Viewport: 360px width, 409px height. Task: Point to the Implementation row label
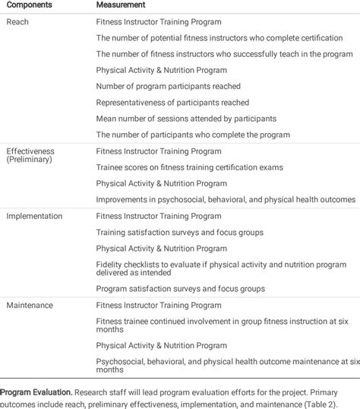pyautogui.click(x=34, y=216)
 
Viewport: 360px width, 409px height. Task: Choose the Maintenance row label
pyautogui.click(x=30, y=305)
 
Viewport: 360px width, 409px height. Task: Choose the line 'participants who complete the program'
pyautogui.click(x=193, y=135)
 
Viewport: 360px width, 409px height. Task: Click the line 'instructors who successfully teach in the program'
pyautogui.click(x=224, y=54)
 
